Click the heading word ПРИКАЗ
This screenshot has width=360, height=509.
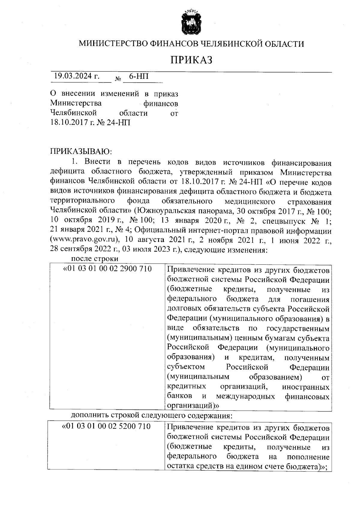(191, 60)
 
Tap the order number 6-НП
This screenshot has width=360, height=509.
(139, 76)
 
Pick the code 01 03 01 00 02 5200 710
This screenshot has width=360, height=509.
(106, 426)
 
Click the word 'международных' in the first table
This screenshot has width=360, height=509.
(245, 397)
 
